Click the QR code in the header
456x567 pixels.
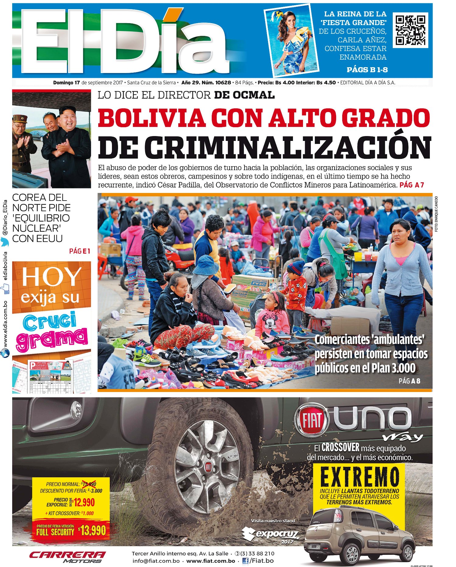pos(410,30)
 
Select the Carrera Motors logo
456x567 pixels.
pos(67,557)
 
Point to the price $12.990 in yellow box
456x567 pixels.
pos(84,502)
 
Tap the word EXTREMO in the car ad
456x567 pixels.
pos(359,477)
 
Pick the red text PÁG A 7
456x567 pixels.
pos(412,185)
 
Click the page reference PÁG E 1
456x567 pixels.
pos(80,251)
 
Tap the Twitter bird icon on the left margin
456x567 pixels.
pos(5,241)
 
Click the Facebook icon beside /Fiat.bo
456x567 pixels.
pos(245,561)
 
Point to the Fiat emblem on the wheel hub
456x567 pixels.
pos(208,467)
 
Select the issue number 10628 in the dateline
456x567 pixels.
pos(223,82)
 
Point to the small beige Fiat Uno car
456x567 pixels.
pos(359,536)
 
